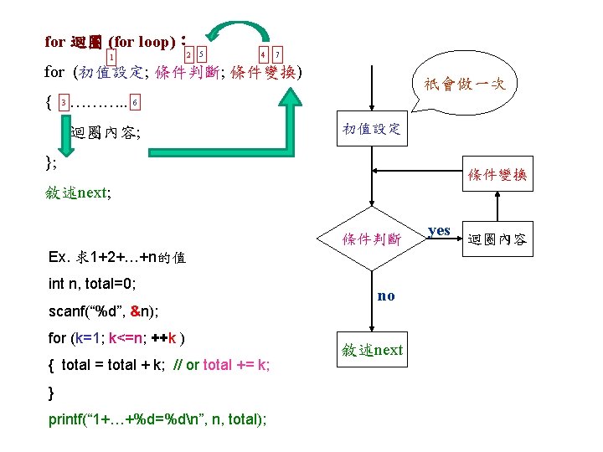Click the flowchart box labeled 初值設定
click(371, 130)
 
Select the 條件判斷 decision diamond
click(371, 239)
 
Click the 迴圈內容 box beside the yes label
click(497, 240)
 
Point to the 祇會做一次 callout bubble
click(465, 85)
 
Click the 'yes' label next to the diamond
click(439, 230)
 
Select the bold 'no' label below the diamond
click(386, 295)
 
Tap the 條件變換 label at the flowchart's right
click(497, 175)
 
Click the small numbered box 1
click(111, 57)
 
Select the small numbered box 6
click(136, 103)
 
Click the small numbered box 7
click(277, 54)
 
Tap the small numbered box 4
click(263, 54)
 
